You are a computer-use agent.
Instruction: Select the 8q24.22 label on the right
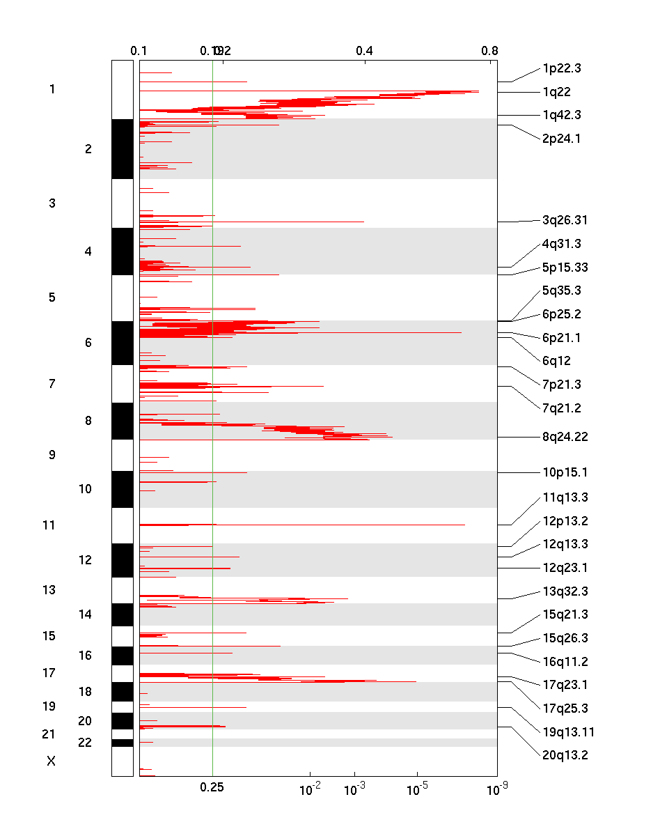(x=565, y=438)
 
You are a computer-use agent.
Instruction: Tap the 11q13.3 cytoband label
(x=565, y=497)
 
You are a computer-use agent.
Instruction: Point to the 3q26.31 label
(x=565, y=221)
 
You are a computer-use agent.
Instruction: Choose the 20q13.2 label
(x=565, y=754)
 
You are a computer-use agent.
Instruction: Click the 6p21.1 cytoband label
(x=561, y=338)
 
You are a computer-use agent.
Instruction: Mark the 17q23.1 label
(x=565, y=684)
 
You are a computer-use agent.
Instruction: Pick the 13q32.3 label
(x=565, y=591)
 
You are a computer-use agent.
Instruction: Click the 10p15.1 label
(x=565, y=472)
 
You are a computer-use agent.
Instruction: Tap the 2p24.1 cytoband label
(x=561, y=138)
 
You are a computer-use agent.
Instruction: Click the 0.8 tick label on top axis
(x=489, y=50)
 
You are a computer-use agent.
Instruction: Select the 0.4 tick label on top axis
(x=364, y=50)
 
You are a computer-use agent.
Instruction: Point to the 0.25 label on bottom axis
(x=212, y=787)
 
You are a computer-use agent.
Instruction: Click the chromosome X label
(x=51, y=761)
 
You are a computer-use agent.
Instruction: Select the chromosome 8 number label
(x=88, y=421)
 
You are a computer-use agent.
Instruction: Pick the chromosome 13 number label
(x=49, y=590)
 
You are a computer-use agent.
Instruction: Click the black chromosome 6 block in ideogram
(x=123, y=343)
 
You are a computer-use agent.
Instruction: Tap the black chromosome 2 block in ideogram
(x=123, y=149)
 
